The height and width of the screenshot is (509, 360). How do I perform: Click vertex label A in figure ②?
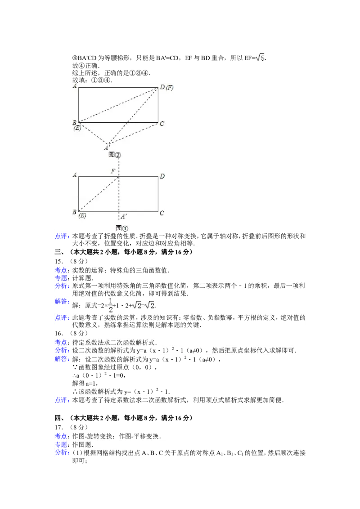tap(74, 85)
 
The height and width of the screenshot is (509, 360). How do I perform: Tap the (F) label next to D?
tap(169, 87)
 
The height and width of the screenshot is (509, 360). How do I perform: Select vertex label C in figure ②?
tap(162, 124)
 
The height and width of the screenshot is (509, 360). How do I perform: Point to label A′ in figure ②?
tap(107, 147)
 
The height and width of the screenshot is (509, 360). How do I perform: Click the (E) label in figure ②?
tap(77, 128)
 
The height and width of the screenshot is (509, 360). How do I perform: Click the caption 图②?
tap(115, 155)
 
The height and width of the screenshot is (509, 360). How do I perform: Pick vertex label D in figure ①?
tap(162, 176)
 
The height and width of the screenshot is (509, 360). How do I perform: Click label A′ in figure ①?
tap(123, 216)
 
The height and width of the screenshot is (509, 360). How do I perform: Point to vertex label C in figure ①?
tap(162, 213)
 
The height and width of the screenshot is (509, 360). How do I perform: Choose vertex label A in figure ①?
tap(74, 175)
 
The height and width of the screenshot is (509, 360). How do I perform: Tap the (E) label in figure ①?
tap(82, 216)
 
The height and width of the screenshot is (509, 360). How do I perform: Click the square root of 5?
tap(261, 58)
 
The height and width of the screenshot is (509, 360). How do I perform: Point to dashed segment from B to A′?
tap(93, 133)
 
